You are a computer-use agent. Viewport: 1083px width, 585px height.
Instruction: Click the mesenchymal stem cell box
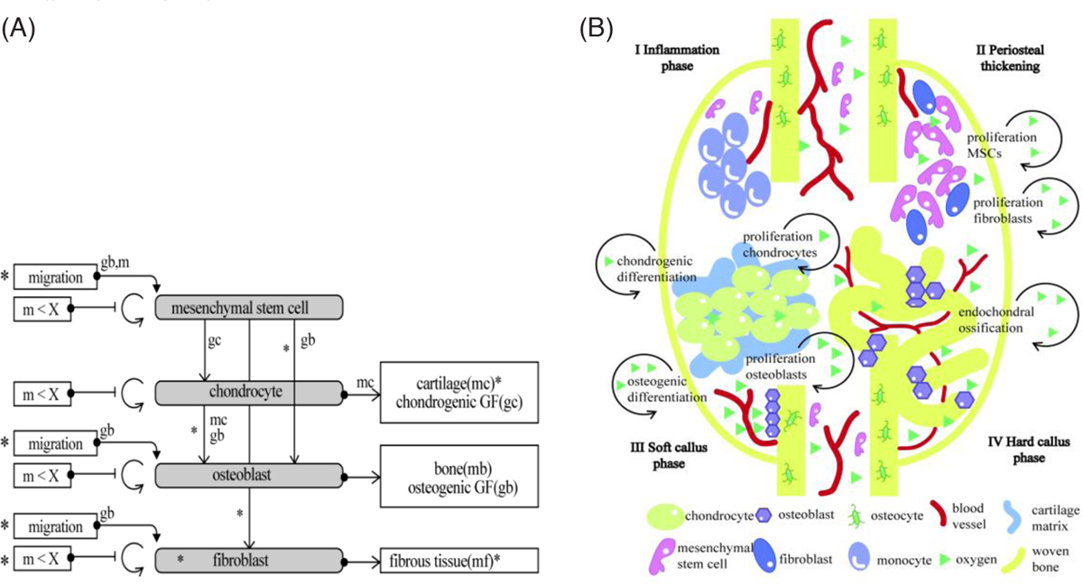pyautogui.click(x=249, y=309)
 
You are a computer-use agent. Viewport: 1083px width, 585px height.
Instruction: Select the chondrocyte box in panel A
pyautogui.click(x=249, y=393)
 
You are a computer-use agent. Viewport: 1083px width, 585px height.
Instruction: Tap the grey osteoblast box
pyautogui.click(x=249, y=474)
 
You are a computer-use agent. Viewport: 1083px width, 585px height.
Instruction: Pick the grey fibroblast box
pyautogui.click(x=249, y=560)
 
